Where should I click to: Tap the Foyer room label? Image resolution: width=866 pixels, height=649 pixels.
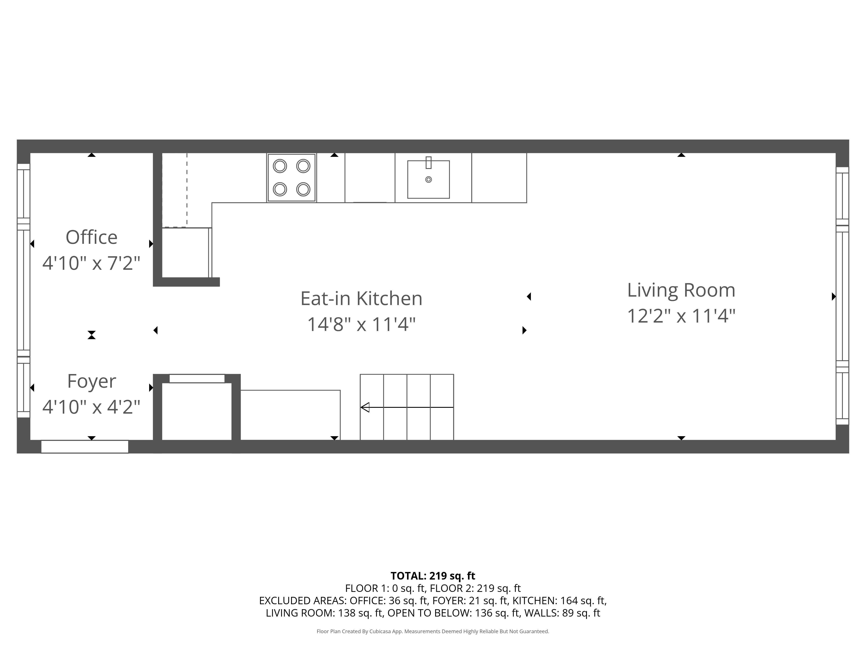(91, 381)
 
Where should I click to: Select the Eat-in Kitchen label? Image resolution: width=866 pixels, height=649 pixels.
(361, 299)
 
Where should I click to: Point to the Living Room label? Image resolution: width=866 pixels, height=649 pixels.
(681, 290)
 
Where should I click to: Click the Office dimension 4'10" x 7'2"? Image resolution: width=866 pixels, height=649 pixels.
(91, 263)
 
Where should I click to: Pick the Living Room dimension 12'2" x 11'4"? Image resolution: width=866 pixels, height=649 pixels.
(681, 316)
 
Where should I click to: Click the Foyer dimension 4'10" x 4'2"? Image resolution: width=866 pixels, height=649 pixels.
(91, 407)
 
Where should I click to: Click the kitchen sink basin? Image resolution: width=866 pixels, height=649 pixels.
(428, 184)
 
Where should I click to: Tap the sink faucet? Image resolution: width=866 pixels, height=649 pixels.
(428, 162)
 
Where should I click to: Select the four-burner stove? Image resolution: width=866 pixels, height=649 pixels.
(291, 178)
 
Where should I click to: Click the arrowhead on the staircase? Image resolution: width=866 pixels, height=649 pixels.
(365, 407)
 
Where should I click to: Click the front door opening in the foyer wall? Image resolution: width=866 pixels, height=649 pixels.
(85, 446)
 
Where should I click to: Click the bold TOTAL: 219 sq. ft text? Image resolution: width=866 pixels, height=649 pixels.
(433, 576)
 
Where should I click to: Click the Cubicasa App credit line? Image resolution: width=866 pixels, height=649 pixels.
(433, 631)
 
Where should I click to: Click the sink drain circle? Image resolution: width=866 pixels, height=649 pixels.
(428, 180)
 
